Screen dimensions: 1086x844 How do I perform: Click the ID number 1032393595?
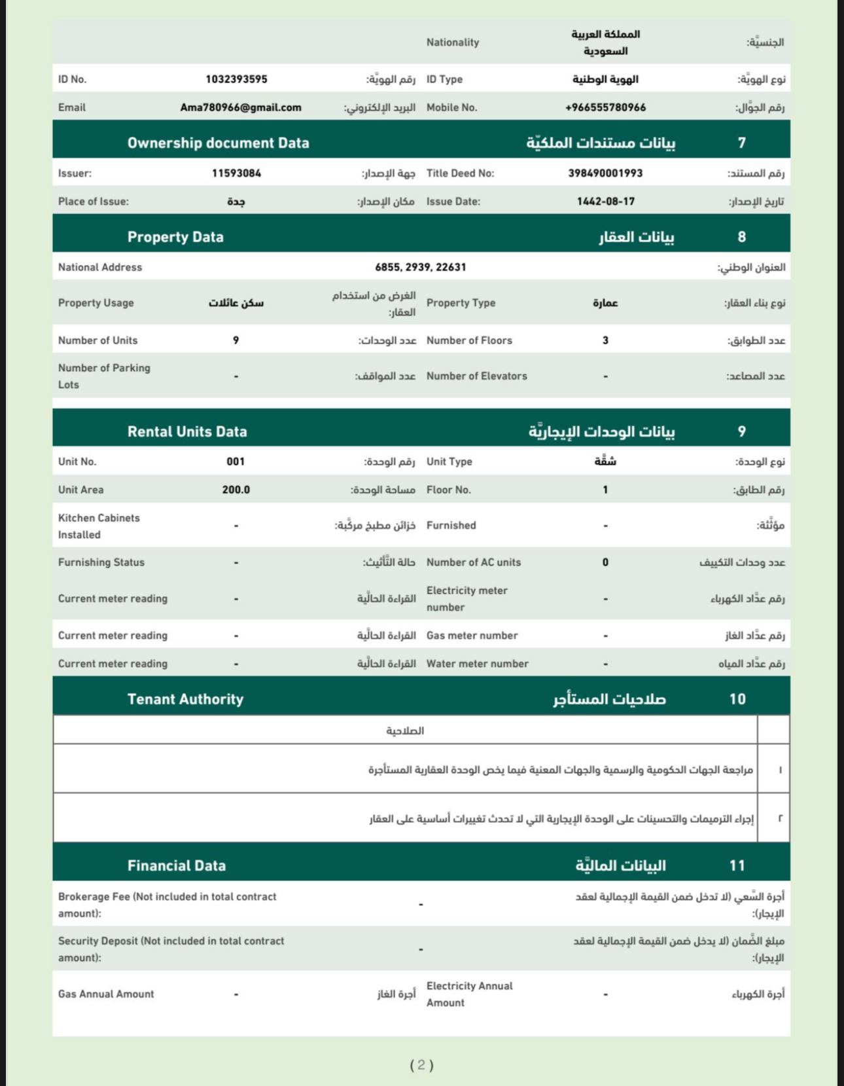coord(236,79)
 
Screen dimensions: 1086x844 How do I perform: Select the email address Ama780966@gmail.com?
coord(241,107)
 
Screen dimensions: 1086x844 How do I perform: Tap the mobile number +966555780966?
coord(605,107)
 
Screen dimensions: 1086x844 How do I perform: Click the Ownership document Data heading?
coord(218,143)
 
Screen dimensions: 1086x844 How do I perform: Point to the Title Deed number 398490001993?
coord(605,173)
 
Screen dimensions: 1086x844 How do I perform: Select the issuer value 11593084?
coord(236,173)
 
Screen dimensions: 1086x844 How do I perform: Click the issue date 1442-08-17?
coord(605,202)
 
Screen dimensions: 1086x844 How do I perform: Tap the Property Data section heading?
coord(175,237)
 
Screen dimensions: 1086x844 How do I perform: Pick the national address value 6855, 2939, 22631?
coord(421,267)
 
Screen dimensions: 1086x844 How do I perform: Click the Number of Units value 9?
coord(236,340)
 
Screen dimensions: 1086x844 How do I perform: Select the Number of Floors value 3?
coord(605,340)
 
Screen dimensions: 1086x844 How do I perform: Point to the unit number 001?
coord(236,462)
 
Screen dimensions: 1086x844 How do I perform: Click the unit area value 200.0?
coord(236,490)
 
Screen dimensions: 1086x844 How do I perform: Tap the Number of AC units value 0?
coord(605,562)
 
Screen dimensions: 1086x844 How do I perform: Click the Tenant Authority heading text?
coord(185,699)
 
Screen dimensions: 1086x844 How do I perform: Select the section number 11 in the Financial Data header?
coord(737,865)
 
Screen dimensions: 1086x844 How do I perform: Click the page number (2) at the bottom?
coord(421,1065)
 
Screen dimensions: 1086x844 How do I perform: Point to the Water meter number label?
coord(477,664)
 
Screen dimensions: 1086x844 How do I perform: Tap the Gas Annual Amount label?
coord(106,994)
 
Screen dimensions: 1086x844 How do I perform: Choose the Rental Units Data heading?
coord(187,431)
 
